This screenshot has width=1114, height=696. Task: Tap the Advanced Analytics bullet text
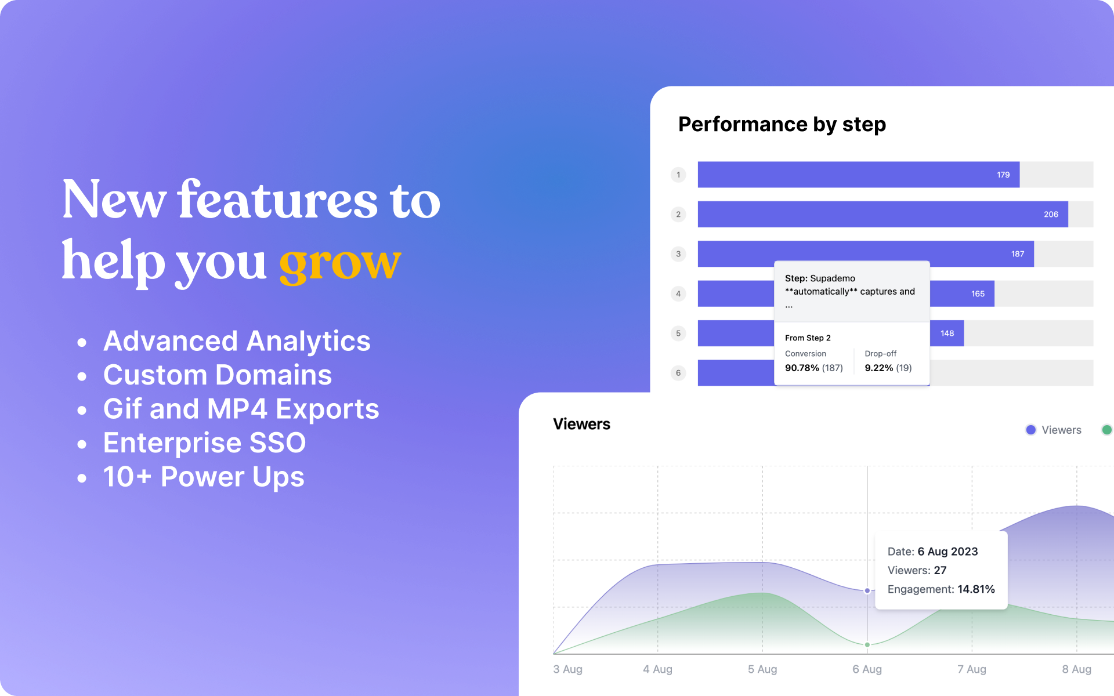pos(237,341)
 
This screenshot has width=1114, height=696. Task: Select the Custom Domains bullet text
pos(218,375)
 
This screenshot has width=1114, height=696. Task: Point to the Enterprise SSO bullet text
pos(204,443)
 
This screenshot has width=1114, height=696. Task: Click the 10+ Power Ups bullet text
pos(204,477)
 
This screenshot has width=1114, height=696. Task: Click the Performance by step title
pos(782,125)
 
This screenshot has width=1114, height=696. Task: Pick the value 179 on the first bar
pos(1003,175)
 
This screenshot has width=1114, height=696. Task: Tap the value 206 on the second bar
pos(1051,215)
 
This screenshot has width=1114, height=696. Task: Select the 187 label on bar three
pos(1018,254)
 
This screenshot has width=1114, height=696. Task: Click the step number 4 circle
pos(678,293)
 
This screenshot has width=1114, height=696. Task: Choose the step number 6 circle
pos(678,373)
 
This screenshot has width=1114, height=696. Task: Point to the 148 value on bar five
pos(947,333)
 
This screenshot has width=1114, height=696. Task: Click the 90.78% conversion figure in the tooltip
pos(802,368)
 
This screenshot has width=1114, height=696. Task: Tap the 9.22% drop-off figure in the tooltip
pos(879,368)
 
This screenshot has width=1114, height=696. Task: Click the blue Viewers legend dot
pos(1031,430)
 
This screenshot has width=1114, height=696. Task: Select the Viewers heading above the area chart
pos(581,424)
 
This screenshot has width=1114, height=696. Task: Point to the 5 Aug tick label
pos(762,669)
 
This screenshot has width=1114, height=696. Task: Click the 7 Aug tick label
pos(972,669)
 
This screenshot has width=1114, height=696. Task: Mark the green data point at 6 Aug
pos(867,644)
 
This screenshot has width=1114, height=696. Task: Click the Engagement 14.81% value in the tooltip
pos(976,589)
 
